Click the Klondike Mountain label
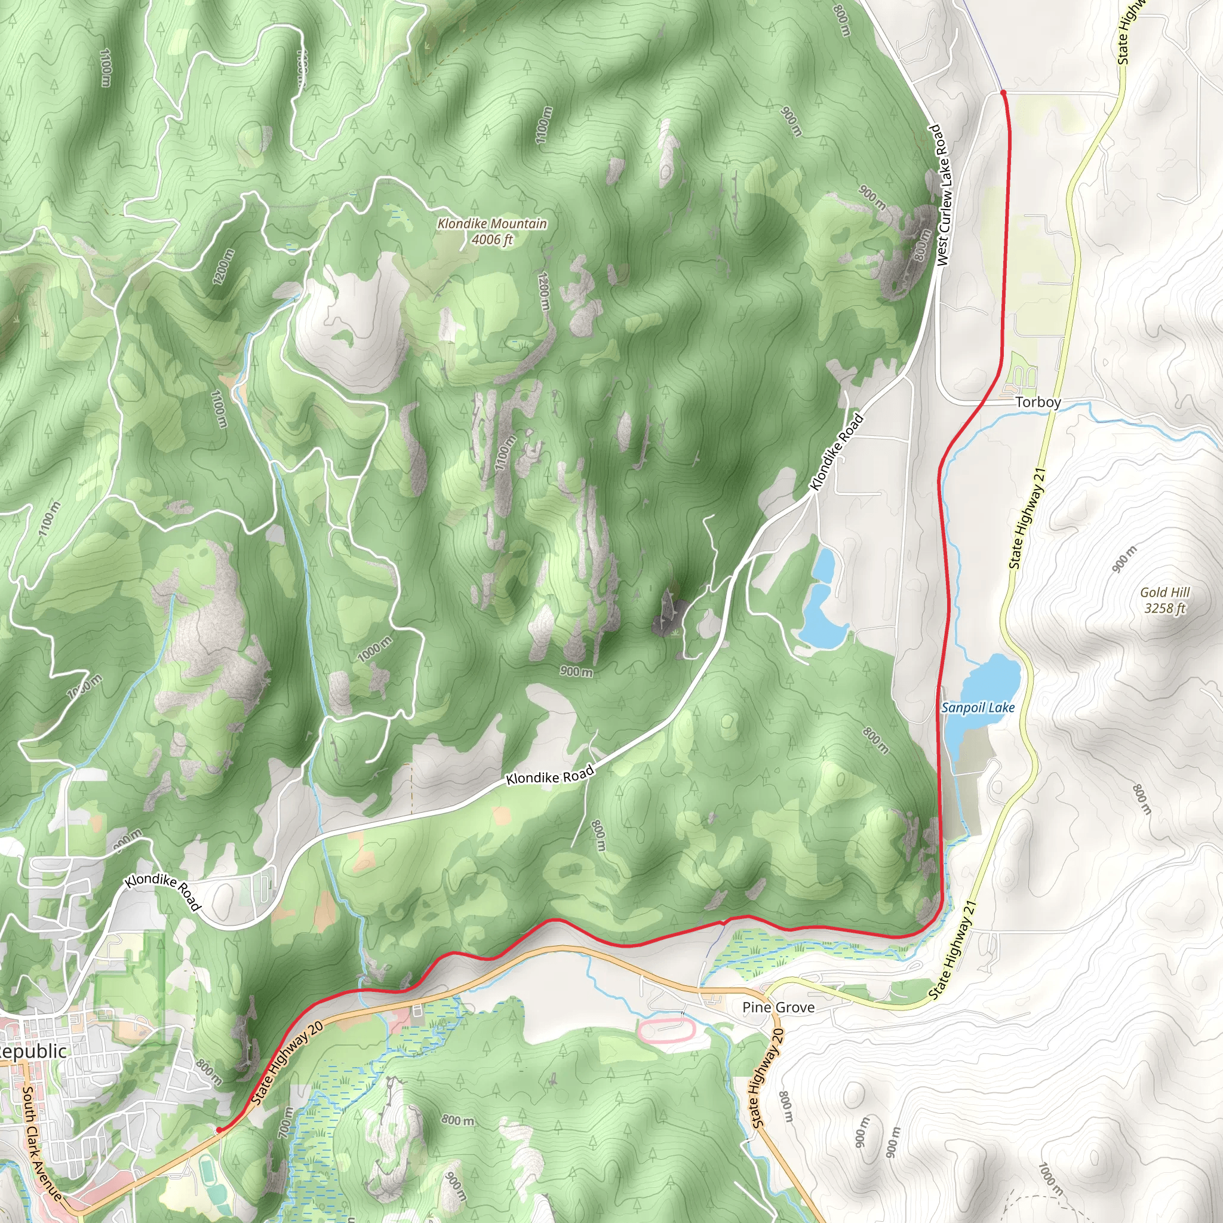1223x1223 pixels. (492, 223)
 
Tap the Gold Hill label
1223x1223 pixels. (1164, 592)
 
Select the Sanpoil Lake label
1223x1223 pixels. (978, 708)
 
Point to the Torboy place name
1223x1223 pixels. (1038, 402)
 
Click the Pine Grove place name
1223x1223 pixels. (778, 1008)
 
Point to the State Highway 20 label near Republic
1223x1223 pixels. (287, 1064)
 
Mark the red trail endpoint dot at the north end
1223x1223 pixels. (1003, 93)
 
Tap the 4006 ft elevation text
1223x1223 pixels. (492, 240)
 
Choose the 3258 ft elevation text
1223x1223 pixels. (1164, 609)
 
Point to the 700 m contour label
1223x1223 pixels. (287, 1120)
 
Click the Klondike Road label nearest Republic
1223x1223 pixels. (162, 893)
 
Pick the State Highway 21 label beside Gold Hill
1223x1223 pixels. (1025, 519)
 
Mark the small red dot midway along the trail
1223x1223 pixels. (723, 923)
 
